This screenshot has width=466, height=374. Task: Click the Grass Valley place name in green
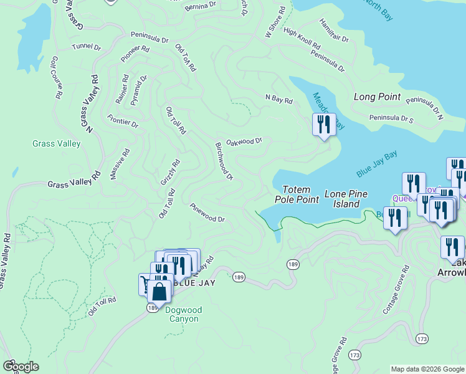(x=56, y=144)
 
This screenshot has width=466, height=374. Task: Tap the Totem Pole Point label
(x=297, y=194)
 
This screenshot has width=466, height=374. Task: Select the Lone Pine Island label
(x=342, y=199)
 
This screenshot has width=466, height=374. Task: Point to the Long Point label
(x=377, y=97)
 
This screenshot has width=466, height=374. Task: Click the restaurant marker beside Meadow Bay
(x=323, y=125)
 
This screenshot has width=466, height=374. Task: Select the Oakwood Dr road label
(x=244, y=141)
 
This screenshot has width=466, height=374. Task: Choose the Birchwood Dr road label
(x=224, y=161)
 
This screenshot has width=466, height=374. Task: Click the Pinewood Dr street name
(x=207, y=213)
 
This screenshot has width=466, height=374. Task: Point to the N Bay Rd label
(x=278, y=98)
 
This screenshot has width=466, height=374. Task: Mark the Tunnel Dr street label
(x=86, y=47)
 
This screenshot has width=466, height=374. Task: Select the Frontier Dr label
(x=122, y=121)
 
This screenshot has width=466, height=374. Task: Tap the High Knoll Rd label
(x=302, y=39)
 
